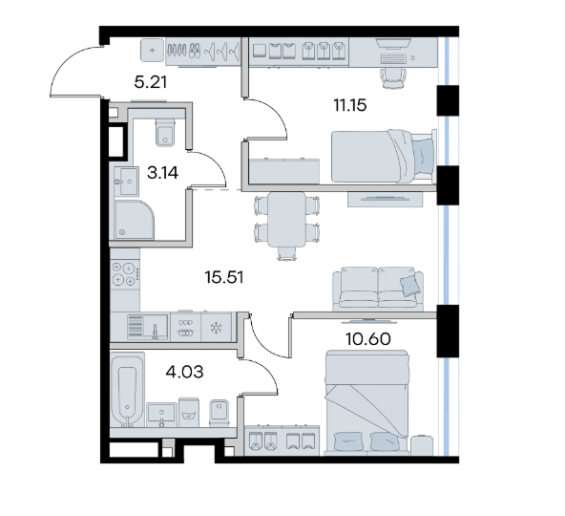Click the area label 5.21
151,82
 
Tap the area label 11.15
350,105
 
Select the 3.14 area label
162,173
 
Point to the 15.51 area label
224,277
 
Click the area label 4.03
184,372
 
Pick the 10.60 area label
367,339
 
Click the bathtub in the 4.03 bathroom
128,391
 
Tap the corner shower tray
134,220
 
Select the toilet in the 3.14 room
166,133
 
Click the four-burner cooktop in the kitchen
125,274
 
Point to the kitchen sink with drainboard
148,327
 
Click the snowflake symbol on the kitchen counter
216,328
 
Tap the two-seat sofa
378,289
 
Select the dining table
287,219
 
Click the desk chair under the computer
393,78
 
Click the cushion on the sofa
409,286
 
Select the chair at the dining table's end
287,253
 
